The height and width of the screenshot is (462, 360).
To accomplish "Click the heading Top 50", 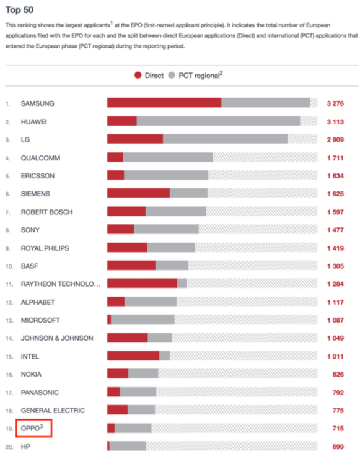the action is (x=19, y=10).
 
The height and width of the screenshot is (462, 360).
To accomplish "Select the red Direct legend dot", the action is (x=138, y=76).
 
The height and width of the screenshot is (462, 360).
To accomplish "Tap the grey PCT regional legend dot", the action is (x=172, y=76).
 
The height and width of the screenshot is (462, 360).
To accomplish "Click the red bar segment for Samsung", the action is (x=164, y=103).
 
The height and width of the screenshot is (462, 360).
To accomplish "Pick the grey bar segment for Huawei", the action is (x=218, y=121).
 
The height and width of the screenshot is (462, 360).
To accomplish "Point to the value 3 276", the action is (x=335, y=103).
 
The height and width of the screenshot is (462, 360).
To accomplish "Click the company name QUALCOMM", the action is (x=40, y=158).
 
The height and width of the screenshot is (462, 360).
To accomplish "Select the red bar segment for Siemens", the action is (x=139, y=193).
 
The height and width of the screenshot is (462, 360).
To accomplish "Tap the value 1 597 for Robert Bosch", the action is (x=335, y=212).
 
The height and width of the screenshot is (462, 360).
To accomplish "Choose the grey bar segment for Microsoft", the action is (x=143, y=320).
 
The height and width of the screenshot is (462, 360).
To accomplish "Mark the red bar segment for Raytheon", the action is (x=142, y=284).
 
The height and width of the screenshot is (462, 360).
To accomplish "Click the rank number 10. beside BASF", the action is (x=9, y=267).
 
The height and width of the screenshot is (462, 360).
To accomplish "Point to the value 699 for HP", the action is (x=338, y=447).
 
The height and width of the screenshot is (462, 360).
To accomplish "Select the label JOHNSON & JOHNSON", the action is (x=57, y=338).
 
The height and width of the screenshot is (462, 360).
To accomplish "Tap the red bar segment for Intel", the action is (x=133, y=355).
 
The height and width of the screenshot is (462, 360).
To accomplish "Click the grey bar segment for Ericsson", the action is (x=166, y=175).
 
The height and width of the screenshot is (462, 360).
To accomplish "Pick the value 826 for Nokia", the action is (x=338, y=374).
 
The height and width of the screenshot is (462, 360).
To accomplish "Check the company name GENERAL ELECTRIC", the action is (x=53, y=411).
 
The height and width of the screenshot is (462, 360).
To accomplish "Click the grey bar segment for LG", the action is (x=226, y=139).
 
